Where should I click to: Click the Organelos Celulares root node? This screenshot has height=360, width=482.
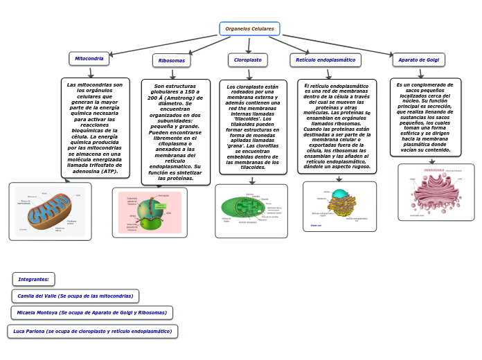(x=249, y=28)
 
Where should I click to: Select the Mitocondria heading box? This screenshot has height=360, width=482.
(x=89, y=59)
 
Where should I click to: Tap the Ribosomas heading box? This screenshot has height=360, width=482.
(x=171, y=61)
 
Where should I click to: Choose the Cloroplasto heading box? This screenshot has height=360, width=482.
(x=247, y=60)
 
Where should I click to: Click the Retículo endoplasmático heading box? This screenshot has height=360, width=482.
(x=325, y=60)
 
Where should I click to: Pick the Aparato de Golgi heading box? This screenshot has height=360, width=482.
(x=418, y=60)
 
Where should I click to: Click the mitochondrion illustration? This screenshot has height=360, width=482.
(x=50, y=211)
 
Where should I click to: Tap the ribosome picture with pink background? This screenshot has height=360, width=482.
(x=149, y=213)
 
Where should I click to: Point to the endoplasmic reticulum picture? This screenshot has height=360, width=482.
(x=339, y=206)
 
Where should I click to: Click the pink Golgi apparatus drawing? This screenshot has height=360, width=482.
(x=436, y=192)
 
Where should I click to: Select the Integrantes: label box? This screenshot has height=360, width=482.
(x=33, y=279)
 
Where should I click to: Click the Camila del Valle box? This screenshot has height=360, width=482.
(x=75, y=296)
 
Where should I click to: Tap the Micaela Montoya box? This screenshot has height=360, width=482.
(x=91, y=312)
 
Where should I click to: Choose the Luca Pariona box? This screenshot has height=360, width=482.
(x=92, y=331)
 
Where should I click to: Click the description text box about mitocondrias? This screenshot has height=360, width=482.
(x=95, y=127)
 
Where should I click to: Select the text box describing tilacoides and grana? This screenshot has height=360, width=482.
(x=252, y=127)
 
